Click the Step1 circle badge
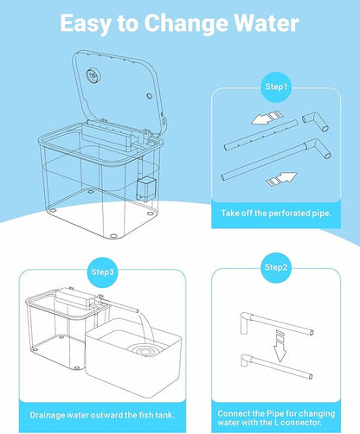tap(276, 87)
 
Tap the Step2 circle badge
tap(276, 268)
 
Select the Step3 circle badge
tap(102, 272)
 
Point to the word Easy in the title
tap(85, 24)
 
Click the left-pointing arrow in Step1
tap(266, 118)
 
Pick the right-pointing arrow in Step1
tap(281, 179)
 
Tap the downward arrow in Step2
tap(280, 346)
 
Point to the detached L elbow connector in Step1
tap(316, 122)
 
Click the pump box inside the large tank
tap(147, 189)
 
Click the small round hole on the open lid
tap(149, 96)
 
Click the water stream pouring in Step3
tap(147, 328)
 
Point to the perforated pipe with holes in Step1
tap(260, 135)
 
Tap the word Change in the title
tap(186, 24)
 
